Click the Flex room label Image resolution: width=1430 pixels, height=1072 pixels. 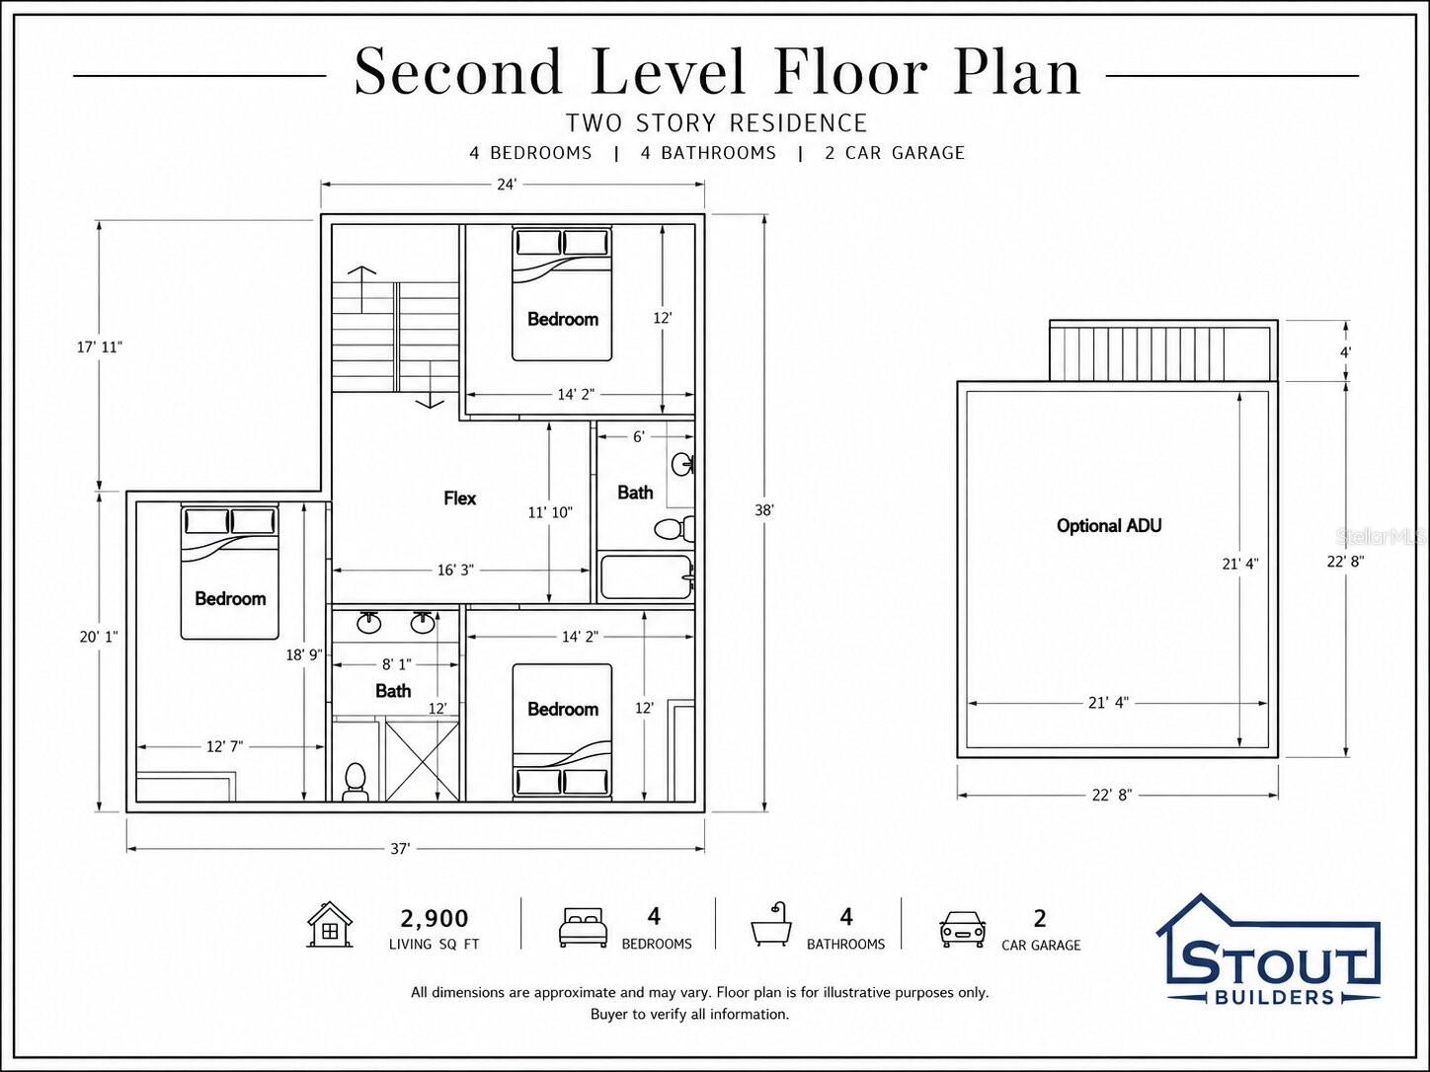tap(459, 498)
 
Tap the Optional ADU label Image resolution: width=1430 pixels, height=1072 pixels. tap(1109, 525)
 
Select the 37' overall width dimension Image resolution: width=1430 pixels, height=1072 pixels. tap(401, 849)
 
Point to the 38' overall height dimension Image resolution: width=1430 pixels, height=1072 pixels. tap(764, 510)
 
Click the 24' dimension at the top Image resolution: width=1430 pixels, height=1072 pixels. tap(507, 185)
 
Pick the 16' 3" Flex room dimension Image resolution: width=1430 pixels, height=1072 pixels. tap(455, 571)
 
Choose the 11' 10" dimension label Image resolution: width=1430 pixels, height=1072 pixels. tap(550, 512)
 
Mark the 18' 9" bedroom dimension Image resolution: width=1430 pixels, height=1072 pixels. tap(304, 654)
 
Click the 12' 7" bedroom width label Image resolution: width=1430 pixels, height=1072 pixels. tap(225, 746)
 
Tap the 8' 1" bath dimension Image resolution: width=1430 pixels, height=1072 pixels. tap(397, 664)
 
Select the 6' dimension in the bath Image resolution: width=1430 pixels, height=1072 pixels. tap(638, 436)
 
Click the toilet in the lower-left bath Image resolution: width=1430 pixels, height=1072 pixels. tap(356, 783)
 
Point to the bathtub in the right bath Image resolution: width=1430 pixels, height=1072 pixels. tap(646, 576)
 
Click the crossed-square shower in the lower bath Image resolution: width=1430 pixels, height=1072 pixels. tap(422, 759)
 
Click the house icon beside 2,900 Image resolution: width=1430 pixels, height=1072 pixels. tap(330, 924)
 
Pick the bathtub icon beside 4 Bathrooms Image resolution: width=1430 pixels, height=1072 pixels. tap(772, 924)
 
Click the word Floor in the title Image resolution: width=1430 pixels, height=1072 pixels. tap(851, 72)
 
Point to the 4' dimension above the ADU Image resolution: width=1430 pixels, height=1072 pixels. tap(1345, 352)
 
